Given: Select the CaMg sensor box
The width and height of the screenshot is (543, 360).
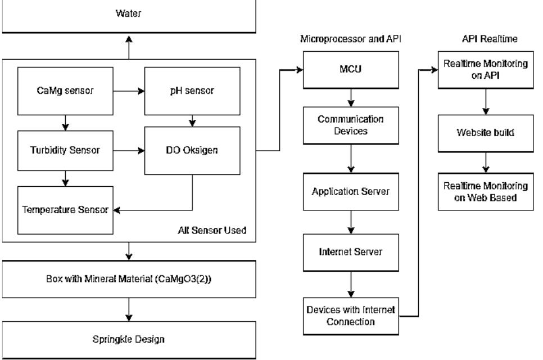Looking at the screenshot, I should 65,90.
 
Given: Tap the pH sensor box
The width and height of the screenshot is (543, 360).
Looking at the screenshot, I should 193,90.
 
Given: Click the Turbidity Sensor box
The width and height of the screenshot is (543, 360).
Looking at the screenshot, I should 65,150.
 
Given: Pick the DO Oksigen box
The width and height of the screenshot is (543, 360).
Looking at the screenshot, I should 193,150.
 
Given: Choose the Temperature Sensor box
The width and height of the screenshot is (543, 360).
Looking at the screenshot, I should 65,210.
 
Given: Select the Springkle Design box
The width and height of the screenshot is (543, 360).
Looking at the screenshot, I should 129,339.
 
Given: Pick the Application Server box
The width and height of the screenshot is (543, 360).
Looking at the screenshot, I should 351,191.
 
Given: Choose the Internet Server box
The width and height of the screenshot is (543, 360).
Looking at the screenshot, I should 351,251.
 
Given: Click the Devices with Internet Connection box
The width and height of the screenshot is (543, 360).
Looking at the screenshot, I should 351,316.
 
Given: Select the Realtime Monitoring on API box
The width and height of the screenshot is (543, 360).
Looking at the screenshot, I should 486,70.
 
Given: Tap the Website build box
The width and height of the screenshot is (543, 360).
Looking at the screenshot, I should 486,134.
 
